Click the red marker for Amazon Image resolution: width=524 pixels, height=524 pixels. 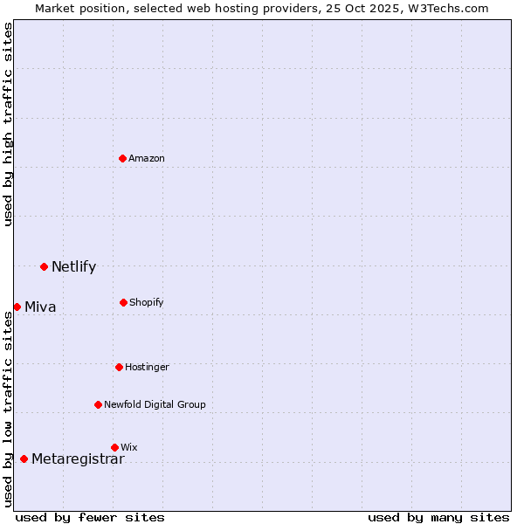[123, 158]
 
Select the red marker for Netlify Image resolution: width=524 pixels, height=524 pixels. [44, 266]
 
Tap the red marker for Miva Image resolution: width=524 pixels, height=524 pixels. [17, 307]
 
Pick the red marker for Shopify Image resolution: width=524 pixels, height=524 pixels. [123, 302]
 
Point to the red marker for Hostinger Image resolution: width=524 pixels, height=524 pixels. [119, 367]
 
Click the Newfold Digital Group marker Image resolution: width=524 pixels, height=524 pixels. [98, 404]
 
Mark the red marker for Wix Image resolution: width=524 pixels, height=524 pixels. [114, 447]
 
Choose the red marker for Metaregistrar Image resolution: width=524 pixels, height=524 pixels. [24, 458]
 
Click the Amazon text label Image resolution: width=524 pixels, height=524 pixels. [147, 158]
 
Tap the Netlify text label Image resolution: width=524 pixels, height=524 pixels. [73, 267]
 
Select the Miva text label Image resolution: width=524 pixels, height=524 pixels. [40, 307]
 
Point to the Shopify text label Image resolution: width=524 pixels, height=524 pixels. [147, 302]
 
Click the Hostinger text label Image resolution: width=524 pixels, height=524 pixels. [147, 367]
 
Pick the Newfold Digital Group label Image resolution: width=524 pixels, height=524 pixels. [155, 404]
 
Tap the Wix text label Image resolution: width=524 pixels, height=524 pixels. [129, 447]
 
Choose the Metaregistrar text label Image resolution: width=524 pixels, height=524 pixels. [78, 459]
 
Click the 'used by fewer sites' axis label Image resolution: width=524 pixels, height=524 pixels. [90, 517]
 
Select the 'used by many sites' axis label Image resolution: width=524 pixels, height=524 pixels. [438, 517]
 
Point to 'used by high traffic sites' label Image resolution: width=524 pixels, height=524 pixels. [9, 124]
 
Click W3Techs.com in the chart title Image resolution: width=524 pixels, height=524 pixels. [445, 8]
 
